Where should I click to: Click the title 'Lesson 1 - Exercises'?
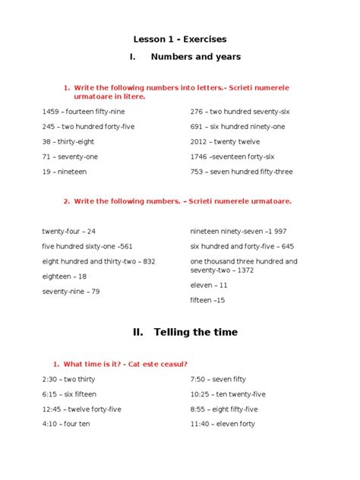[180, 39]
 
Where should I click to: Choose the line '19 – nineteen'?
[65, 172]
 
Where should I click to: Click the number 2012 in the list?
[199, 141]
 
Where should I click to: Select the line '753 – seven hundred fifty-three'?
[241, 172]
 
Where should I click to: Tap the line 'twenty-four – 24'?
[69, 230]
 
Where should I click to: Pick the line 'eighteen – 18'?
[65, 276]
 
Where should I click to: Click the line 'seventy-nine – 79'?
[71, 292]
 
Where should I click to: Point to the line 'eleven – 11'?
[209, 285]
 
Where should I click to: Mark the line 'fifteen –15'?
[207, 300]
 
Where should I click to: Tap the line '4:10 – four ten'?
[66, 424]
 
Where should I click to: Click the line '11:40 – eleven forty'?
[223, 424]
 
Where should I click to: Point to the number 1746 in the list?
[199, 156]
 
